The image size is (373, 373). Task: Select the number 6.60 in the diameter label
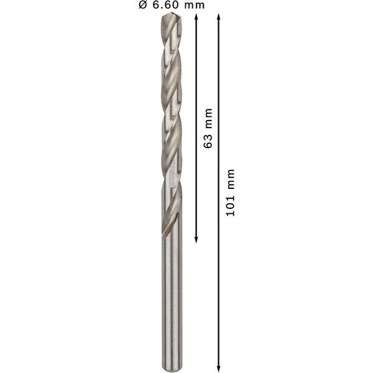tap(166, 5)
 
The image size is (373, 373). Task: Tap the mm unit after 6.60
tap(195, 5)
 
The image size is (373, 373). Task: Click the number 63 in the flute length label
tap(208, 140)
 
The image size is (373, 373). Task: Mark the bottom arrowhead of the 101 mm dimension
tap(219, 367)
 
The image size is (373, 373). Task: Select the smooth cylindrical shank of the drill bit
tap(172, 298)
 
